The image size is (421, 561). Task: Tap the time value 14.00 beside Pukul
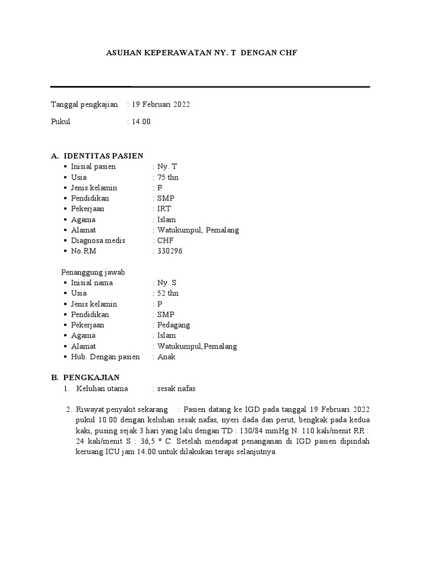tap(141, 122)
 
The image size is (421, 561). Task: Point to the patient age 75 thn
tap(168, 178)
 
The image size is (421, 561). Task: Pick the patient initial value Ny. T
tap(167, 167)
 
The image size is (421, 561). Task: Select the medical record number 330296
tap(170, 251)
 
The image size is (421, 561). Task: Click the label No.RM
tap(83, 251)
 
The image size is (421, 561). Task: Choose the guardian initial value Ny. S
tap(167, 283)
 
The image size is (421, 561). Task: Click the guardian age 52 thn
tap(168, 293)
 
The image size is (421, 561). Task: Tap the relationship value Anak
tap(167, 357)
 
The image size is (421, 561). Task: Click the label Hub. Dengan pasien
tap(105, 357)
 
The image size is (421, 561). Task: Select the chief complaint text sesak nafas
tap(176, 388)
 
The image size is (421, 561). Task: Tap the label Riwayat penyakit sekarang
tap(122, 409)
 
